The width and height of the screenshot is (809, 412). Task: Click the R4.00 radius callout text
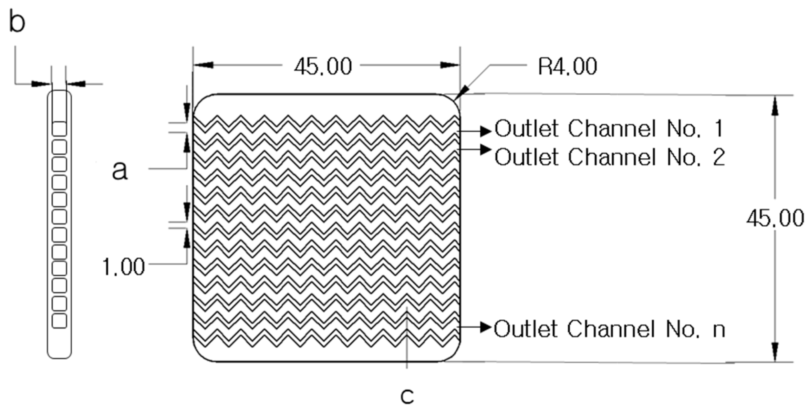click(567, 66)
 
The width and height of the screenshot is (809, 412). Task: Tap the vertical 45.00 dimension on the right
click(775, 218)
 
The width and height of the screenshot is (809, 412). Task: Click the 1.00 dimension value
click(123, 267)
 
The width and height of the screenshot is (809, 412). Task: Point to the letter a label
click(120, 170)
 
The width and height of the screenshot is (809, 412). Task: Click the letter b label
click(17, 21)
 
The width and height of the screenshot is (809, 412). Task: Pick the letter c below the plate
click(407, 396)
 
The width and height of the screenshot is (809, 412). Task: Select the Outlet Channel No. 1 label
click(609, 129)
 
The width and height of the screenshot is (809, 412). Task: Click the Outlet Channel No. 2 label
click(610, 157)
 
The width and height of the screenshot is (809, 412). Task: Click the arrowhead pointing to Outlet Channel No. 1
click(486, 131)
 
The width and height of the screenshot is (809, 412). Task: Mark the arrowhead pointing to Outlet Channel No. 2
click(486, 150)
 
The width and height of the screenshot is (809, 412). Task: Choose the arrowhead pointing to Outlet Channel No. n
click(486, 327)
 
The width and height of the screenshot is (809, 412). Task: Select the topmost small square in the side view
click(59, 129)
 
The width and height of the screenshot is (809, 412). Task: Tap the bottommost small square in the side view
click(59, 321)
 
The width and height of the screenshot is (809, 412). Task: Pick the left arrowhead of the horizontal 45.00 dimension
click(205, 65)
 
